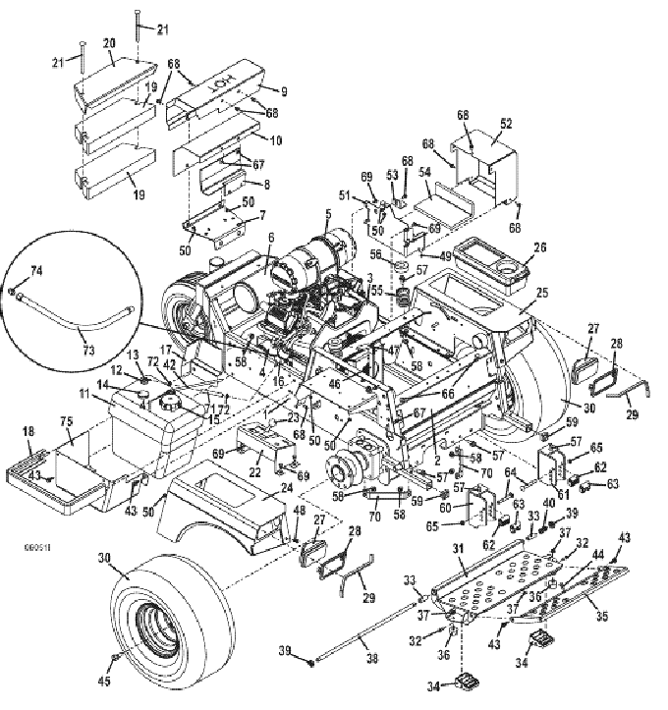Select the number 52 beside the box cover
pos(507,124)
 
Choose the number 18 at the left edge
pos(28,433)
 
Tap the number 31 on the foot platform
pos(456,547)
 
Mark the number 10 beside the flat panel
pos(276,140)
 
